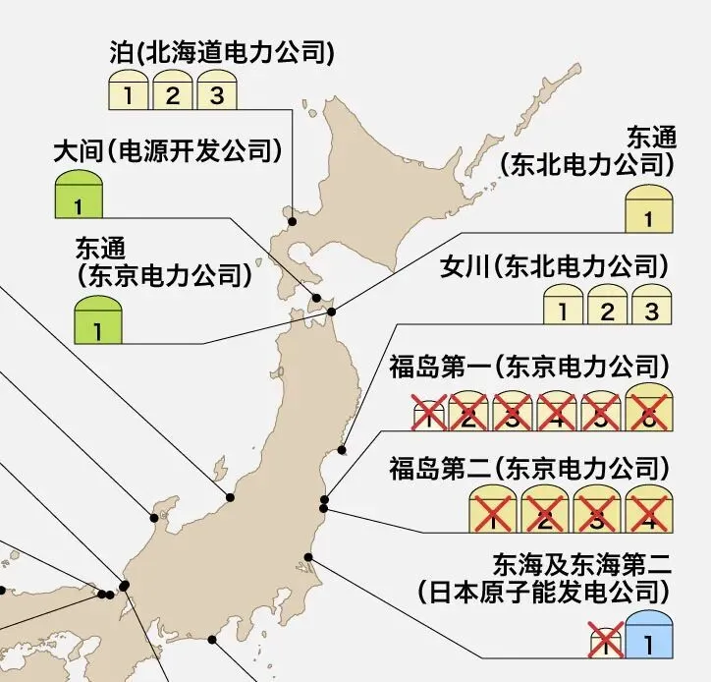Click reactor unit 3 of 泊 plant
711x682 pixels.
coord(217,93)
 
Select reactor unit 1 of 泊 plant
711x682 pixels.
coord(127,93)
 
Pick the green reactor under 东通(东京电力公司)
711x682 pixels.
coord(98,322)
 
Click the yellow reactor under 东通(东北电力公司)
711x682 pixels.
coord(647,210)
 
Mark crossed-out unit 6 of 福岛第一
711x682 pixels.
coord(648,411)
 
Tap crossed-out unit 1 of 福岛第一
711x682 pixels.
coord(429,416)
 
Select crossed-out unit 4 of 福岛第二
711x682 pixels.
coord(648,510)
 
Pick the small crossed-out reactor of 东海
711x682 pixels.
coord(605,643)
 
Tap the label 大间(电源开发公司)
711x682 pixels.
coord(167,152)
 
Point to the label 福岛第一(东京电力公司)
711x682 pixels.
coord(528,369)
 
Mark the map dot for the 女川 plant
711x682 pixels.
coord(342,451)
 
